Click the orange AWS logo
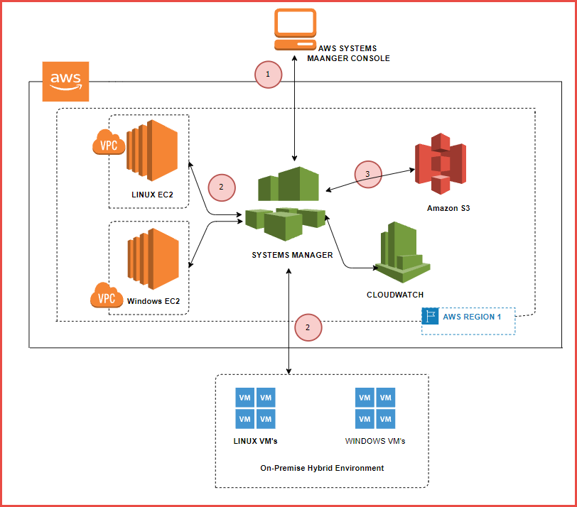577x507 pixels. [65, 81]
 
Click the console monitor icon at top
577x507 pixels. [295, 28]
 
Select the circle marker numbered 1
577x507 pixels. [268, 74]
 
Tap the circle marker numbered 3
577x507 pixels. [367, 173]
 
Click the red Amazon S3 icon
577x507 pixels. [442, 167]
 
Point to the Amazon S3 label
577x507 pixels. [448, 209]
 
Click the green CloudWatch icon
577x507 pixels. [402, 252]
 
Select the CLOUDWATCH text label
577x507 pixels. [395, 294]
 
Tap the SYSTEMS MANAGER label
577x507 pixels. [292, 255]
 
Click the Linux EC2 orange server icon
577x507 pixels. [151, 147]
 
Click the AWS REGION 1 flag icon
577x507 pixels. [430, 317]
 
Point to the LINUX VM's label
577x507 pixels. [255, 441]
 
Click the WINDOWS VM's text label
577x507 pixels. [375, 441]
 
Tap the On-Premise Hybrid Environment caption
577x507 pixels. [322, 468]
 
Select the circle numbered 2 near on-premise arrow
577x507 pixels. [308, 328]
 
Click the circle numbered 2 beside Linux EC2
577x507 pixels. [221, 187]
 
